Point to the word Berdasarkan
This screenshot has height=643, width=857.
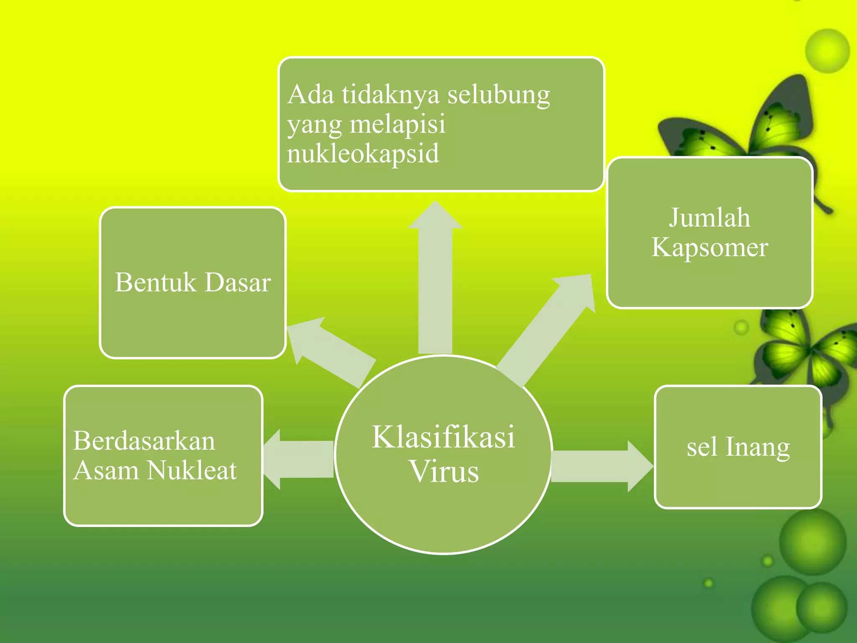click(x=144, y=441)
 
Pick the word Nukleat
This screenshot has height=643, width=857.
click(x=192, y=470)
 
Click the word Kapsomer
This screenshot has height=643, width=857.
click(x=710, y=247)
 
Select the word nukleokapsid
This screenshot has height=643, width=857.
click(x=363, y=154)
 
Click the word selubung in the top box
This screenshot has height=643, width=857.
click(x=498, y=95)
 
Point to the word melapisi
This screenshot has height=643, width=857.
click(x=398, y=124)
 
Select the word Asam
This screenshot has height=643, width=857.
click(x=106, y=470)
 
